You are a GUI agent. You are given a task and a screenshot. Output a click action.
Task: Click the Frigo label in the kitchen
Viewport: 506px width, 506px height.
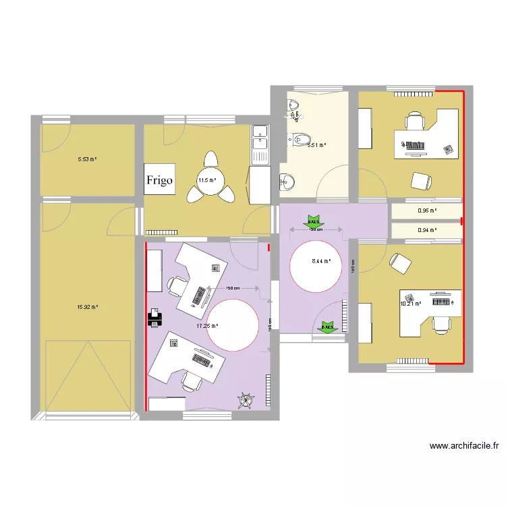(x=160, y=180)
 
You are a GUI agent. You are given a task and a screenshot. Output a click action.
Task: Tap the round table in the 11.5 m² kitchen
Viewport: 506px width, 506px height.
(x=212, y=181)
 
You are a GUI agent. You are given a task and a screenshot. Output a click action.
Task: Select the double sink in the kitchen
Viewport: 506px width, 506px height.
(x=260, y=145)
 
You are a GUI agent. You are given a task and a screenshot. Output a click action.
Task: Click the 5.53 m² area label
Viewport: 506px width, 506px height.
(x=87, y=159)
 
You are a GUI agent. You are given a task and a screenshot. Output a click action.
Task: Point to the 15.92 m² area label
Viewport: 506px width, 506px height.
(x=88, y=307)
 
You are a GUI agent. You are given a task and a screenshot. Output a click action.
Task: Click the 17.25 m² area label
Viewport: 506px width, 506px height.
(x=206, y=327)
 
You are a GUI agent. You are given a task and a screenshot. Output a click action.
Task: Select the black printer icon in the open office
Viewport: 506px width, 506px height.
(x=154, y=317)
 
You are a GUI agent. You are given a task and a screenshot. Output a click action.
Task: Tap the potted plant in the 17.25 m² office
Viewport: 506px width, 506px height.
(x=244, y=401)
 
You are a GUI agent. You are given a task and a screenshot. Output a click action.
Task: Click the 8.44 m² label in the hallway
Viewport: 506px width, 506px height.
(x=320, y=261)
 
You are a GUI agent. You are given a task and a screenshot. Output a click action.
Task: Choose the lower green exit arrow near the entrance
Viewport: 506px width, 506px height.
(x=328, y=327)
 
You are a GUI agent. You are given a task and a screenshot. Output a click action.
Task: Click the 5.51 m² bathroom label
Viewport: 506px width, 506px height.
(x=316, y=145)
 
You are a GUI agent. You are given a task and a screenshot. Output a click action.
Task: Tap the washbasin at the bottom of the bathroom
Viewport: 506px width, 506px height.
(x=287, y=181)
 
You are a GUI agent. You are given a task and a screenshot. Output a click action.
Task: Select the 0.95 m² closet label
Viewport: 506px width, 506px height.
(x=427, y=210)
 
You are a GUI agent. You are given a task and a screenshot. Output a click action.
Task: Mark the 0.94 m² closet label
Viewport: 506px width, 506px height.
(x=427, y=230)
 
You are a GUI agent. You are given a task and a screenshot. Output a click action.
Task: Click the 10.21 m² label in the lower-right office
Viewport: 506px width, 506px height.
(x=410, y=304)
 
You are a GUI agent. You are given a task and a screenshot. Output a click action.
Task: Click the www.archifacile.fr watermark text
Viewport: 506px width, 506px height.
(x=463, y=446)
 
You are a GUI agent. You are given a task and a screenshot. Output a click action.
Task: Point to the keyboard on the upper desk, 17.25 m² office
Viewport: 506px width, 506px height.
(x=200, y=296)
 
